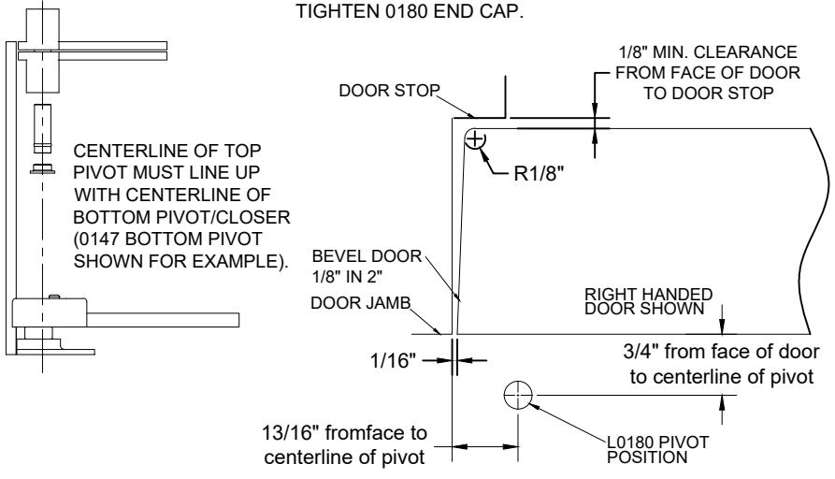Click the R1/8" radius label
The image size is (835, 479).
pos(539,174)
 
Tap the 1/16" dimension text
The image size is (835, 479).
pos(393,361)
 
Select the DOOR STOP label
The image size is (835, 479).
pos(389,91)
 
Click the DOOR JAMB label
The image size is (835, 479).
pos(361,303)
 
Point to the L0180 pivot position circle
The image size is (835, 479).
pos(518,396)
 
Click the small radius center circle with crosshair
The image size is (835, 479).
pos(475,139)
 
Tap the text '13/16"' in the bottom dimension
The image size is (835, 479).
pos(289,432)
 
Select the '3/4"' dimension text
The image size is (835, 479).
pos(641,352)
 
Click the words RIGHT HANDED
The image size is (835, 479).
pos(648,294)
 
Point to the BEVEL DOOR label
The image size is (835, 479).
pos(367,256)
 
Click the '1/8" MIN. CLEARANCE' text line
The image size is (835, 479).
pos(708,52)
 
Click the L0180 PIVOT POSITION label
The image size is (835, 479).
pos(657,450)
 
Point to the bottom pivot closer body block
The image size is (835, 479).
pos(49,312)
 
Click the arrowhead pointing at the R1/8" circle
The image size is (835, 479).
pos(484,155)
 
